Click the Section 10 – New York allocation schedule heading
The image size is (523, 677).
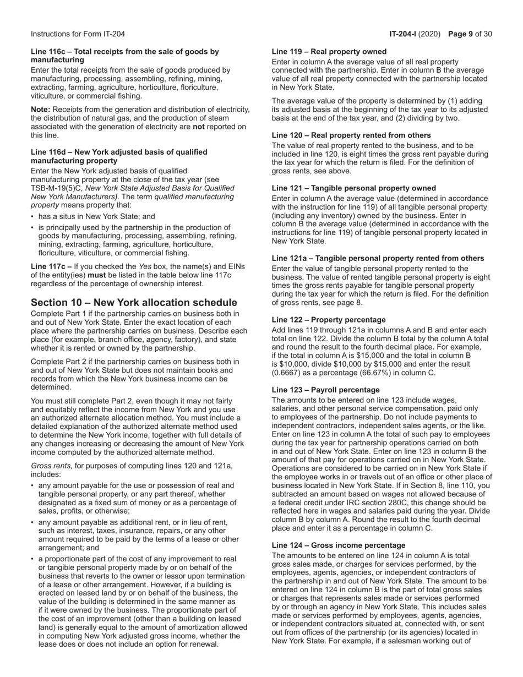click(134, 303)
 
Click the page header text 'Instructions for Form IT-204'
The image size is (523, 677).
click(78, 34)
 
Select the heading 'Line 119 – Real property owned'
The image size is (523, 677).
click(329, 52)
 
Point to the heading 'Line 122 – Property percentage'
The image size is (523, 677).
click(329, 320)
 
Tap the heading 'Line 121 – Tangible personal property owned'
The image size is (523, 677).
click(354, 188)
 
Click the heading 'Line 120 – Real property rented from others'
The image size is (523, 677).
click(351, 135)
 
